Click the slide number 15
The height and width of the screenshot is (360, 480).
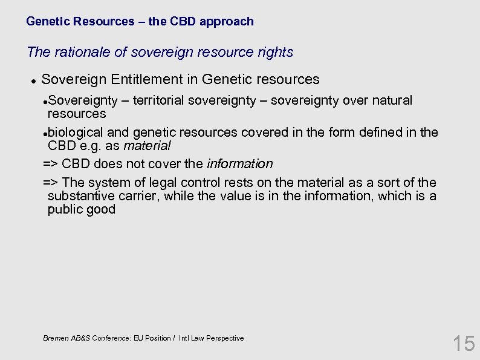tap(464, 344)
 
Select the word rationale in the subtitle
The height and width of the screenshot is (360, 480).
tap(82, 53)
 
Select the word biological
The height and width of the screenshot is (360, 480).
tap(76, 133)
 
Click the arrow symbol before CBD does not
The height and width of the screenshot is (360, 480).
tap(51, 164)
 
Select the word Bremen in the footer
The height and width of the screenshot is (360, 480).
tap(56, 338)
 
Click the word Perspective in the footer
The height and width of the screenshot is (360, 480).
tap(224, 338)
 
